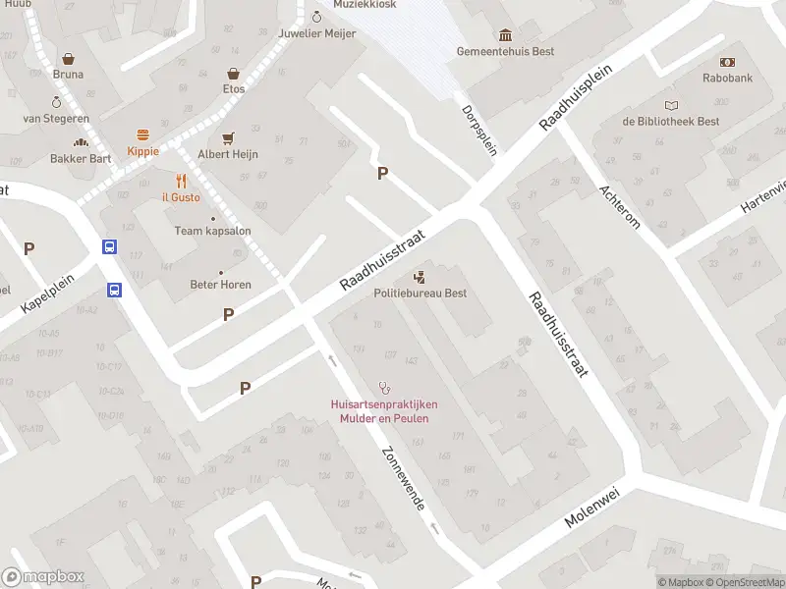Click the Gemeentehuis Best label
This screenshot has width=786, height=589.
click(x=505, y=51)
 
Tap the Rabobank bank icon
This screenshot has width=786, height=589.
click(x=727, y=61)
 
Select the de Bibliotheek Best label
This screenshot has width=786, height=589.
click(x=670, y=122)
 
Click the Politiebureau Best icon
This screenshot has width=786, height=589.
click(x=420, y=277)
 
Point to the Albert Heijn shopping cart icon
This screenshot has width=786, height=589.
click(x=228, y=138)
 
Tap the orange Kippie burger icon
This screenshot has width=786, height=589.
click(x=142, y=134)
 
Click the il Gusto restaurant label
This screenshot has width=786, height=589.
click(x=181, y=196)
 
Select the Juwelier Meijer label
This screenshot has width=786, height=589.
click(x=316, y=32)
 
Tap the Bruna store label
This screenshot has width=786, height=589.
click(x=68, y=75)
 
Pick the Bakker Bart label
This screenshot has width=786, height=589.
click(x=81, y=158)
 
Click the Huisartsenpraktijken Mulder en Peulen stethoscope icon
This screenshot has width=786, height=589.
click(x=384, y=388)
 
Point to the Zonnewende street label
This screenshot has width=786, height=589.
click(x=402, y=476)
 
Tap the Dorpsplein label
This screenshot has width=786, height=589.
click(x=479, y=130)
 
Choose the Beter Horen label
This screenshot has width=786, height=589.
click(x=220, y=285)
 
